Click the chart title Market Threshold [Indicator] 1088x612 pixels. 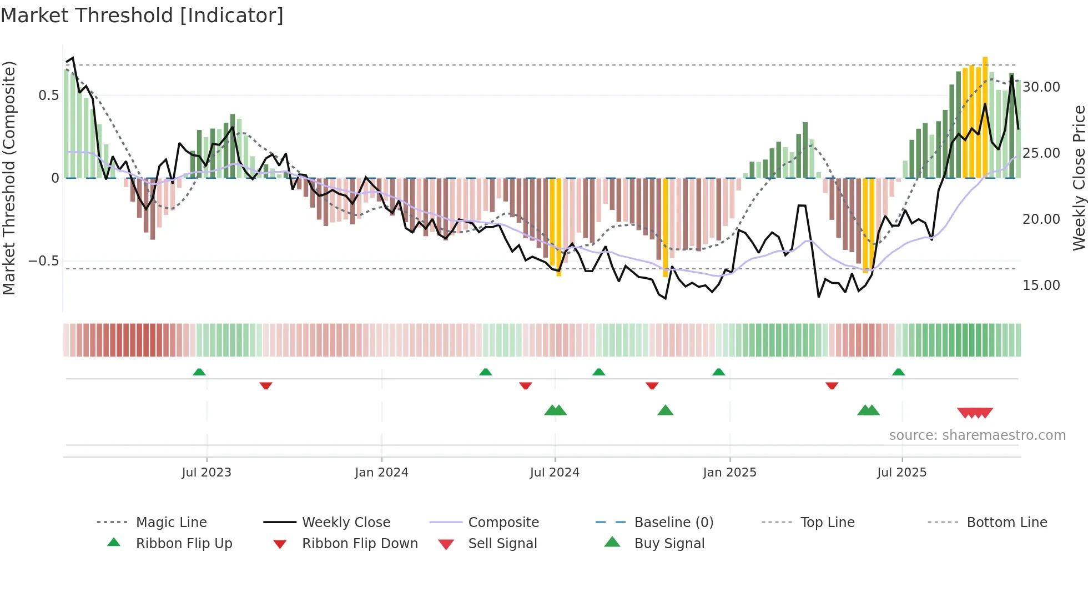142,16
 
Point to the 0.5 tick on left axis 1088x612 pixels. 48,96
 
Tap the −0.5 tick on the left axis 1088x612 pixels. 44,261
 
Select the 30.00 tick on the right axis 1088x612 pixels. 1041,87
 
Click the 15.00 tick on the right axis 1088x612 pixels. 1041,285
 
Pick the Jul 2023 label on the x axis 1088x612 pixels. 206,473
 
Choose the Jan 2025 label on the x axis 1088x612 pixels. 729,473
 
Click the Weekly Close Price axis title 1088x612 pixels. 1079,178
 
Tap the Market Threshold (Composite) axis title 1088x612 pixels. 9,178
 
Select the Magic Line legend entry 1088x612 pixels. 171,523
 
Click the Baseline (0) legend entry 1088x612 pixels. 673,523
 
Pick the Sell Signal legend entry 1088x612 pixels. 502,544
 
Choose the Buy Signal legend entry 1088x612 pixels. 669,544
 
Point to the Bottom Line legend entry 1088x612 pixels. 1006,523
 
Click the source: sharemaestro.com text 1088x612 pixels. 977,435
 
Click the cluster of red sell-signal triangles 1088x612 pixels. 975,413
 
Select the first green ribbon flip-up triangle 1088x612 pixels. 199,372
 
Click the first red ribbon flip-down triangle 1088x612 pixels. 266,385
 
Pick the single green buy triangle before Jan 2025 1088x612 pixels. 665,410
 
